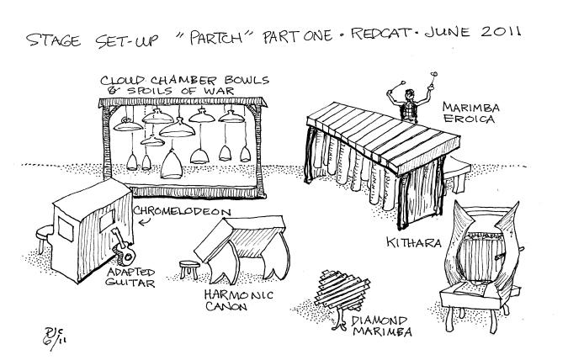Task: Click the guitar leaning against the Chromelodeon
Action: point(122,249)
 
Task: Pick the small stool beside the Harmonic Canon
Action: point(189,271)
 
